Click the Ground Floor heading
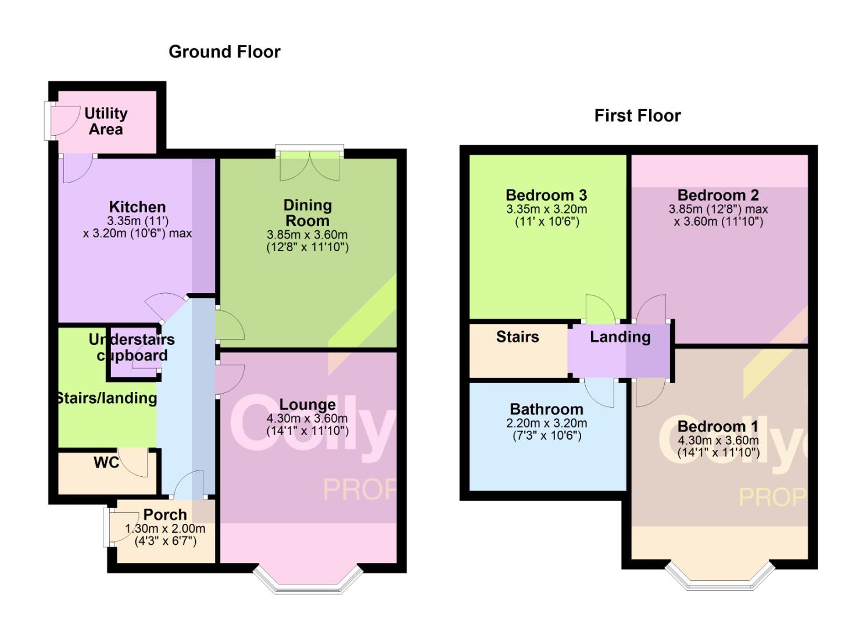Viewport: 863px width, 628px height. click(x=224, y=52)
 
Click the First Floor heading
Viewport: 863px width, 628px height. click(x=637, y=116)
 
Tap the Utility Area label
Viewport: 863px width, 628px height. click(x=106, y=121)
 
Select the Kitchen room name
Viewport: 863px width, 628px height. click(x=137, y=207)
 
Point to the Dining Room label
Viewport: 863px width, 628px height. click(x=307, y=213)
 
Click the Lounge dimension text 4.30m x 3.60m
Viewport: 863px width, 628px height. click(x=307, y=419)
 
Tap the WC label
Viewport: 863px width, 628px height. click(x=106, y=463)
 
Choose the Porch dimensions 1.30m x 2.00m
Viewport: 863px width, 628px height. click(x=166, y=529)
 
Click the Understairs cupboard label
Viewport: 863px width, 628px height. click(x=132, y=348)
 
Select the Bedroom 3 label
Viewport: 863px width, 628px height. click(x=546, y=195)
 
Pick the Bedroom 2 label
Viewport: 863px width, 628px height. click(x=718, y=195)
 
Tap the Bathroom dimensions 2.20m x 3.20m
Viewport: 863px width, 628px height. click(x=546, y=423)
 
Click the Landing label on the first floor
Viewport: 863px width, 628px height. click(x=620, y=337)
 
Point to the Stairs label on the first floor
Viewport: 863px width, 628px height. click(x=517, y=337)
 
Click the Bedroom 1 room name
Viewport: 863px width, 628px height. click(x=718, y=427)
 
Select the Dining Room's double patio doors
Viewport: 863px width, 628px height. click(x=310, y=165)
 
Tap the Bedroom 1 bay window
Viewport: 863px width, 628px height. click(x=720, y=577)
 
